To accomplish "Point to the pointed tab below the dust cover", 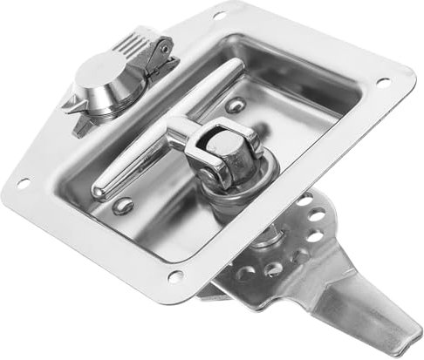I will [x=79, y=122].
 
